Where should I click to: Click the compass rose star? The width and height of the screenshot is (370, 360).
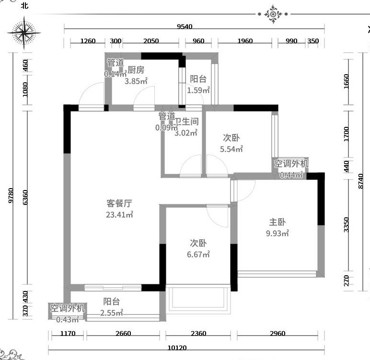tap(24, 33)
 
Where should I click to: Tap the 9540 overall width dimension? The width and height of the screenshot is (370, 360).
tap(185, 26)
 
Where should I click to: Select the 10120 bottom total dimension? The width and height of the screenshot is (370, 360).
tap(177, 348)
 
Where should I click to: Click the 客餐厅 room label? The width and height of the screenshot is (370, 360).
tap(119, 203)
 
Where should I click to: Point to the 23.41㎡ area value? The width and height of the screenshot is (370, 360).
tap(119, 214)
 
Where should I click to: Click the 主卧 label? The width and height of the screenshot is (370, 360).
tap(277, 222)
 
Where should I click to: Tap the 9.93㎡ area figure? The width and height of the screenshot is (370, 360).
tap(277, 233)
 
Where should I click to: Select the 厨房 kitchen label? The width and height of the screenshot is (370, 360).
tap(136, 70)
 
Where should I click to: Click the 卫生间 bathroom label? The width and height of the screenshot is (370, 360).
tap(186, 122)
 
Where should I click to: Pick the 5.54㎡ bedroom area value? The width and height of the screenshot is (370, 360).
tap(231, 149)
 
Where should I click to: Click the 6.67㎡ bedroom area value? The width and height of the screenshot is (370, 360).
tap(198, 254)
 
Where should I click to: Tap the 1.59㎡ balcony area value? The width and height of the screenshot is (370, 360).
tap(198, 90)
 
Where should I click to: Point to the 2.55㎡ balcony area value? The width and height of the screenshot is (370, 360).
tap(112, 313)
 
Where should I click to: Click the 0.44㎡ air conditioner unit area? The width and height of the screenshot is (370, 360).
tap(291, 175)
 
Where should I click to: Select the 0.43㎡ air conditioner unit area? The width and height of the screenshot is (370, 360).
tap(68, 319)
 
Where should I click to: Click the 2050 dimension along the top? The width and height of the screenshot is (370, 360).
tap(151, 41)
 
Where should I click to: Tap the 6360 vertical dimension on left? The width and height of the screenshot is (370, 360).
tap(25, 197)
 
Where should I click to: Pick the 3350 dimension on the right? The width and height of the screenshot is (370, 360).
tap(346, 225)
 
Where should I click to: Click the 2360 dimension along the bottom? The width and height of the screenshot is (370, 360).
tap(198, 333)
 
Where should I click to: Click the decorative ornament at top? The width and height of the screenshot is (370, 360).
tap(273, 14)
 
